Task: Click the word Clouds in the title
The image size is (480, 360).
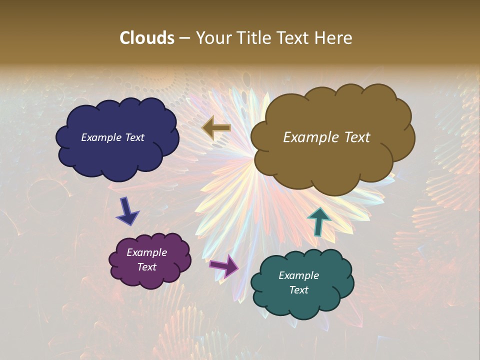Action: coord(146,38)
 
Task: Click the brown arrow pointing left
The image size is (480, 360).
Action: coord(216,128)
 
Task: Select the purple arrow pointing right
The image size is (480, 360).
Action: coord(224,265)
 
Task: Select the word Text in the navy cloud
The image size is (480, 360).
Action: coord(134,137)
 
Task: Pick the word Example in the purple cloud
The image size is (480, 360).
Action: coord(146,252)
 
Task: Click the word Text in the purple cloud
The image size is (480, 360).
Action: coord(146,267)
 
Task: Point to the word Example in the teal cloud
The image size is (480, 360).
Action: coord(298,275)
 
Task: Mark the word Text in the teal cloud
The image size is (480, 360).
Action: coord(298,290)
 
